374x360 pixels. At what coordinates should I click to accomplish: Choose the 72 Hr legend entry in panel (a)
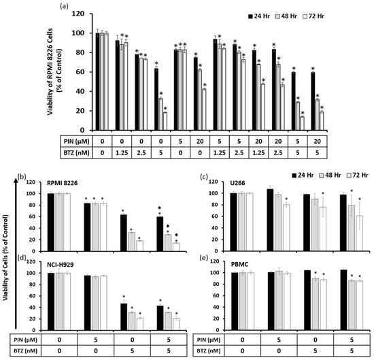346,14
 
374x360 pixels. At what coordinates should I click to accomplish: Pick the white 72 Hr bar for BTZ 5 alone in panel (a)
165,121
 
